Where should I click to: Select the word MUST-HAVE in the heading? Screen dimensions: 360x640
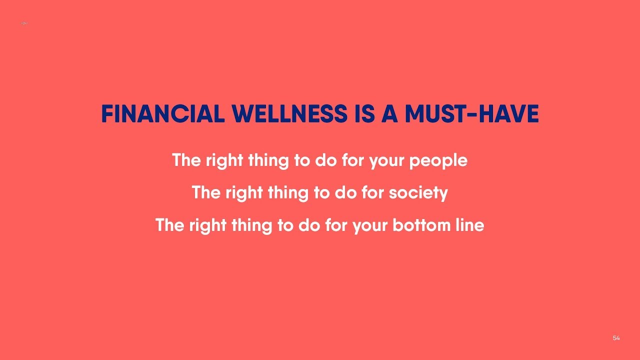click(471, 114)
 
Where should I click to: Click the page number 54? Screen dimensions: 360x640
click(616, 338)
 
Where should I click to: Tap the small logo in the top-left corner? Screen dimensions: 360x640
click(24, 23)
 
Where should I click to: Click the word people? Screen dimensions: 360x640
click(438, 161)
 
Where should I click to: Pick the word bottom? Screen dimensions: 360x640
click(413, 225)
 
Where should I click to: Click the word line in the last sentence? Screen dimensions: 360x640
click(468, 225)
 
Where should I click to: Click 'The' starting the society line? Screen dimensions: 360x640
click(205, 192)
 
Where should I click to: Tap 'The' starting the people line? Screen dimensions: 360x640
click(186, 160)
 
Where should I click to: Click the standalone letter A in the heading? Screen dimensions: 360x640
click(387, 114)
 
